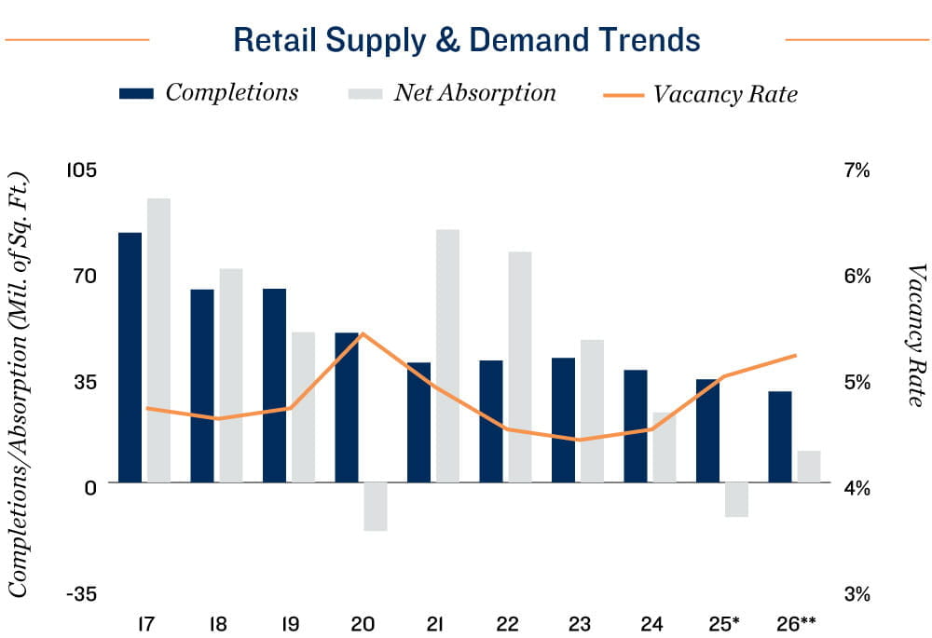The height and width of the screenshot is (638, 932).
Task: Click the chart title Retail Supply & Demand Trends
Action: pyautogui.click(x=466, y=40)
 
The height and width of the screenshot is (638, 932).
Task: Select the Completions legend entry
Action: pyautogui.click(x=209, y=92)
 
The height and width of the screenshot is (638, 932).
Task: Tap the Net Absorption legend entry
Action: pyautogui.click(x=451, y=92)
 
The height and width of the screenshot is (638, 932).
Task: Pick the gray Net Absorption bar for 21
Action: pyautogui.click(x=447, y=356)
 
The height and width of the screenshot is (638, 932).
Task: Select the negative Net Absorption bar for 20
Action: pyautogui.click(x=376, y=507)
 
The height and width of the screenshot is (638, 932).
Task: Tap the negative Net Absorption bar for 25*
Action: pyautogui.click(x=736, y=499)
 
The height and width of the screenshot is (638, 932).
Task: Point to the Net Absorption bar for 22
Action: pyautogui.click(x=520, y=367)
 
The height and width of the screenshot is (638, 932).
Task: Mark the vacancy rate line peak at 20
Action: pyautogui.click(x=363, y=333)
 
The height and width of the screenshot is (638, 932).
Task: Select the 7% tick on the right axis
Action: pyautogui.click(x=857, y=170)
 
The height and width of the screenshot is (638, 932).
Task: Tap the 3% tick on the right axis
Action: pyautogui.click(x=857, y=592)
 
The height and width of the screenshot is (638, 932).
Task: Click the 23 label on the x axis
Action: pyautogui.click(x=578, y=622)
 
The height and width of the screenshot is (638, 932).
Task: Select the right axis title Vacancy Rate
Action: pyautogui.click(x=916, y=335)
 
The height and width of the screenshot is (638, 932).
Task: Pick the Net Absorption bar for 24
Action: pyautogui.click(x=664, y=447)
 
